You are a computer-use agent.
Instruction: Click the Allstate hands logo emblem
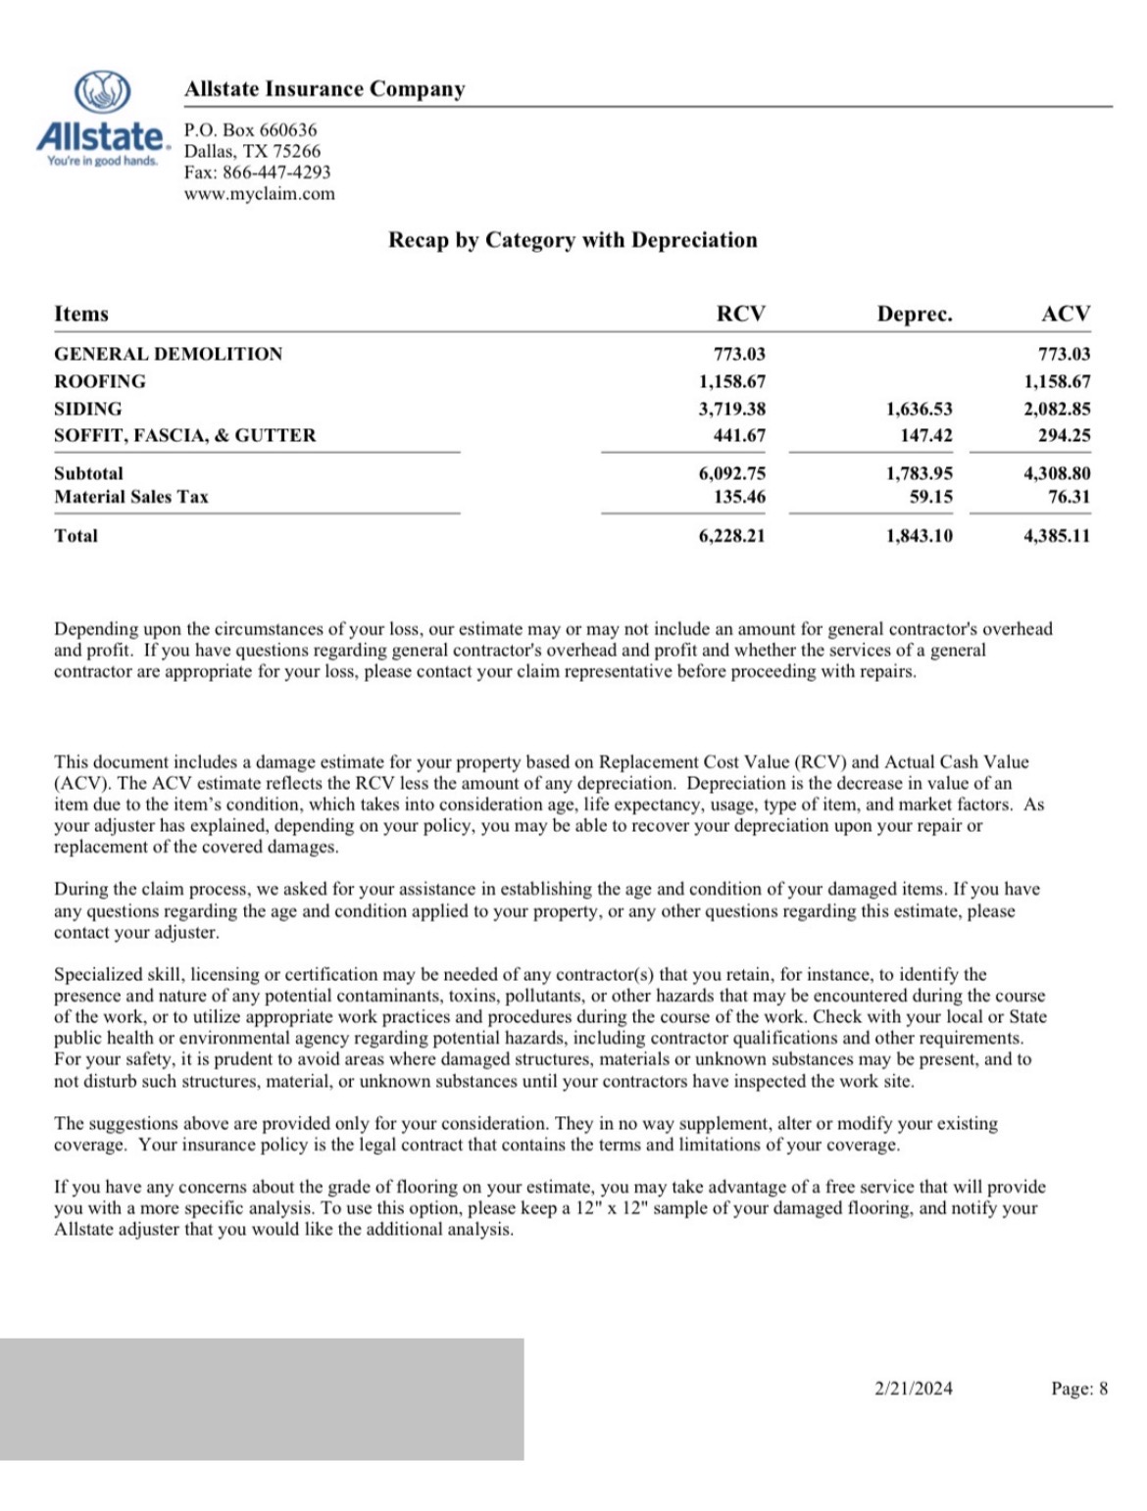[x=103, y=92]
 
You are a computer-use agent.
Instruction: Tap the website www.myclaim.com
[x=260, y=194]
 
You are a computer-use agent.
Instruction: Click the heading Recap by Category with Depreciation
[x=573, y=240]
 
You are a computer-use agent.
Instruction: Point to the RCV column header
[x=740, y=314]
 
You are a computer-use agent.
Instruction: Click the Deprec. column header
[x=914, y=315]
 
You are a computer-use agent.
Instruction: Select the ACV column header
[x=1065, y=314]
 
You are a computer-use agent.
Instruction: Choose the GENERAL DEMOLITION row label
[x=168, y=354]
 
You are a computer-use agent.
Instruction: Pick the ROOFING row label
[x=100, y=381]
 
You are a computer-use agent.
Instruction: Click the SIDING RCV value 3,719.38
[x=731, y=409]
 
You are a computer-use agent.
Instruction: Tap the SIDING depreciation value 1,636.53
[x=919, y=409]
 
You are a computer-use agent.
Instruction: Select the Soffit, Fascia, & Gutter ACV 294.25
[x=1064, y=435]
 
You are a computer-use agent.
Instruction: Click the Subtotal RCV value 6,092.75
[x=731, y=473]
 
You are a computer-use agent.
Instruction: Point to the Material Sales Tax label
[x=131, y=497]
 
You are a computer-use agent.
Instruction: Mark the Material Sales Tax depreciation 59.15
[x=930, y=497]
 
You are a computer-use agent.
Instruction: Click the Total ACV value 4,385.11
[x=1056, y=536]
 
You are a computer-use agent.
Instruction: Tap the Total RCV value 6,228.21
[x=731, y=536]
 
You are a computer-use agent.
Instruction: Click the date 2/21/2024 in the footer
[x=913, y=1389]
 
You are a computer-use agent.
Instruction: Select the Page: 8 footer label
[x=1079, y=1389]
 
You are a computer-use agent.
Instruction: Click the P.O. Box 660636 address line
[x=251, y=130]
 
